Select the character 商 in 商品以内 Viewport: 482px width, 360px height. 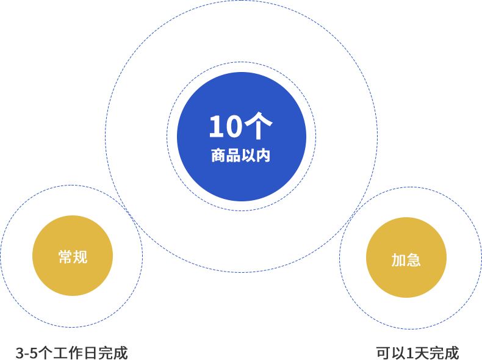(x=218, y=156)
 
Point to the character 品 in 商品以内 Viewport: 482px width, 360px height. (x=233, y=156)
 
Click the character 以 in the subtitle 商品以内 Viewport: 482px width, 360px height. (x=248, y=156)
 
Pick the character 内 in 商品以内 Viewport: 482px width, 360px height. (x=263, y=156)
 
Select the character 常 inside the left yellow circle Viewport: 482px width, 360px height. (x=65, y=257)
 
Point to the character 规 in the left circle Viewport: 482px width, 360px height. (x=80, y=257)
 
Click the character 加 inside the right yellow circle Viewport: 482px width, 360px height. (x=398, y=260)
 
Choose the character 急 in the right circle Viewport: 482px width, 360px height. (x=414, y=260)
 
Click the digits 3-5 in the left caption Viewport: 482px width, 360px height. (x=26, y=353)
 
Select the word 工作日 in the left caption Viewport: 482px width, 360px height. (x=75, y=353)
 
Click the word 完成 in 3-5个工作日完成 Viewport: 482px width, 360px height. (x=112, y=353)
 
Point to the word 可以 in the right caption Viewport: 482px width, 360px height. (x=391, y=353)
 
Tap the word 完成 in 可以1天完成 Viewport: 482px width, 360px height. (x=444, y=353)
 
